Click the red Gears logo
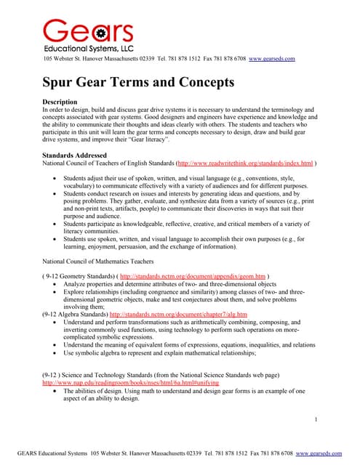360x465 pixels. click(88, 31)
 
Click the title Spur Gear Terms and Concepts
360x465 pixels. click(138, 82)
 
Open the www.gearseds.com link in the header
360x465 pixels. click(271, 59)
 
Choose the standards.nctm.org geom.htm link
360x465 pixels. click(192, 277)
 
